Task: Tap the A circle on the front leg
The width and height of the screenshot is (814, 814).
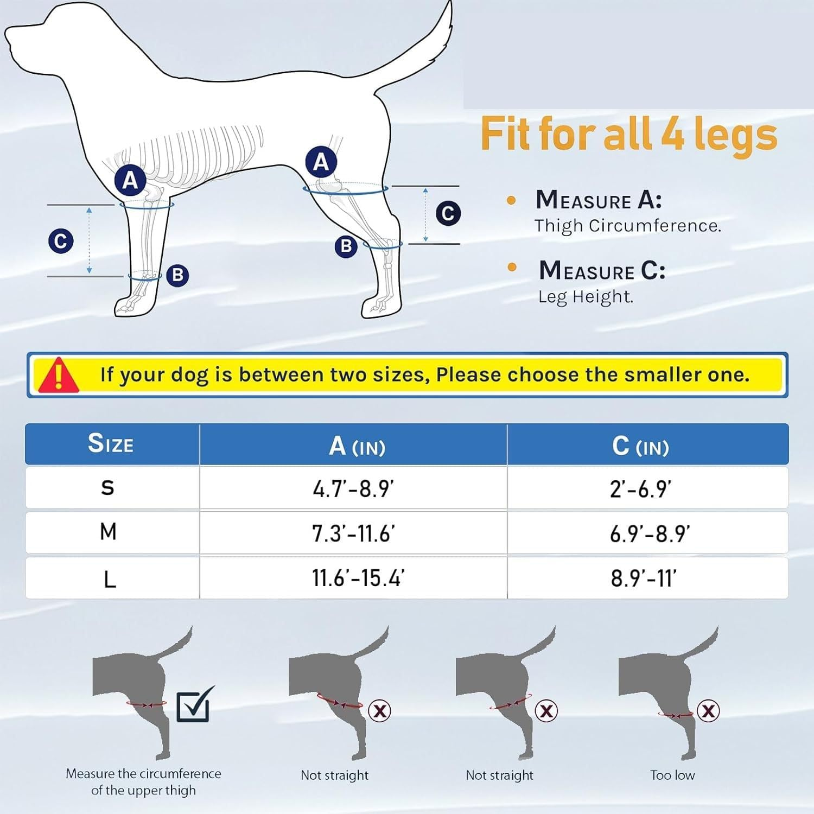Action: pos(130,180)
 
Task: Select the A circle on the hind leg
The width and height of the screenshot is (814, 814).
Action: pos(321,162)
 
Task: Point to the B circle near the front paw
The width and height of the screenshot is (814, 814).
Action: pos(177,276)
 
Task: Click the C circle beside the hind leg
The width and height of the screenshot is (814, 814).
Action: pos(448,213)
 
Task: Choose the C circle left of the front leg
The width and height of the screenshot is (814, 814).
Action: pos(61,241)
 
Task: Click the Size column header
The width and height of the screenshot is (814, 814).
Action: pos(111,443)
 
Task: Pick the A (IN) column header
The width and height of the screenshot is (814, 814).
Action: pos(357,446)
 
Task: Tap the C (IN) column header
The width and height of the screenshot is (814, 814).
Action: pos(640,446)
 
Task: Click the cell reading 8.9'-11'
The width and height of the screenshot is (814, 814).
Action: pos(644,578)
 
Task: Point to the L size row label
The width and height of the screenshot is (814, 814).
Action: pos(110,580)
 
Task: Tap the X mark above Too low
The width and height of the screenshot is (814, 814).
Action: pos(708,710)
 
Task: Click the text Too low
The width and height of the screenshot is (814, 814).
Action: pos(672,775)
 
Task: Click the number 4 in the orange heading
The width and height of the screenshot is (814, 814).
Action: pos(673,134)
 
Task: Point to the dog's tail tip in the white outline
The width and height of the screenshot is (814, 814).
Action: pos(450,4)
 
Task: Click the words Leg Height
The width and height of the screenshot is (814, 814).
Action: pos(586,297)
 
